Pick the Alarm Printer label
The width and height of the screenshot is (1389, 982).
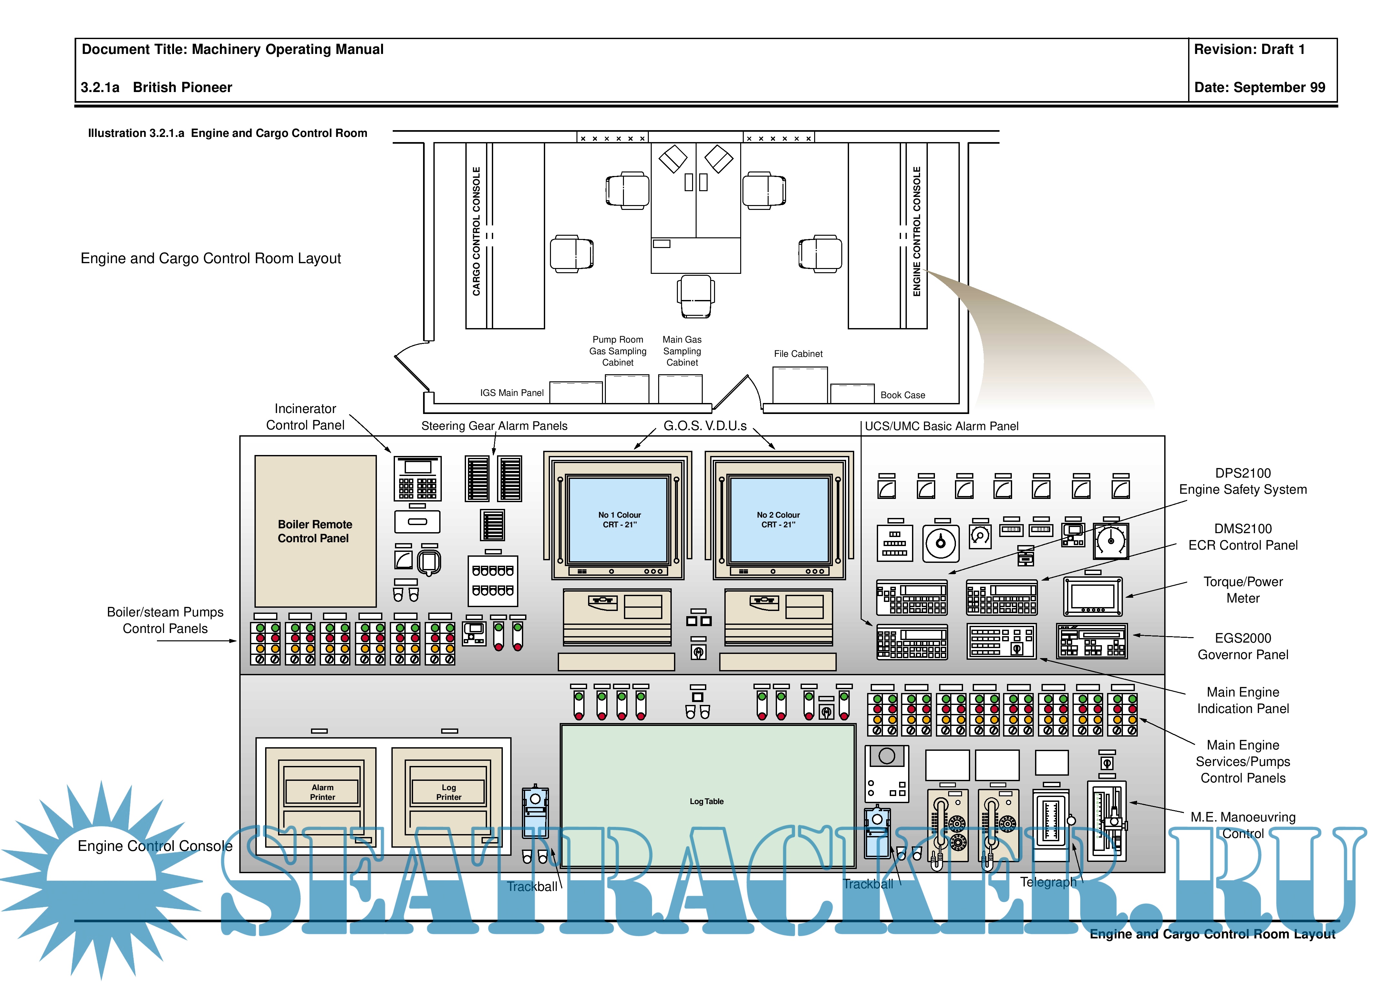[x=322, y=792]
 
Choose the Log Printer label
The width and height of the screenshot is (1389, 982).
[x=448, y=792]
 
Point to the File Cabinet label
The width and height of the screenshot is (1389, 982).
[x=798, y=354]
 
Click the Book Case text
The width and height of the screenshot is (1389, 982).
[x=903, y=395]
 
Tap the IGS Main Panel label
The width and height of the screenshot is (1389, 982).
[x=512, y=393]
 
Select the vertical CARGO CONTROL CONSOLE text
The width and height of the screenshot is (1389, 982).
[x=476, y=231]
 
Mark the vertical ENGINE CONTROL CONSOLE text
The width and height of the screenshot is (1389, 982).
[x=917, y=231]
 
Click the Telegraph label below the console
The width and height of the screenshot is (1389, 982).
[x=1048, y=882]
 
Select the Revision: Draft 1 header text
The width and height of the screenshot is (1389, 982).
[x=1249, y=50]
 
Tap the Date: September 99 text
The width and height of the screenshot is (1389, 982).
[x=1259, y=87]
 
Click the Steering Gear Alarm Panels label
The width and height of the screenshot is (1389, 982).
[x=494, y=426]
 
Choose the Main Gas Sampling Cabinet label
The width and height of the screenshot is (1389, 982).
[x=682, y=351]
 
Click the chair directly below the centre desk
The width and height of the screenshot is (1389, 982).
[x=696, y=295]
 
